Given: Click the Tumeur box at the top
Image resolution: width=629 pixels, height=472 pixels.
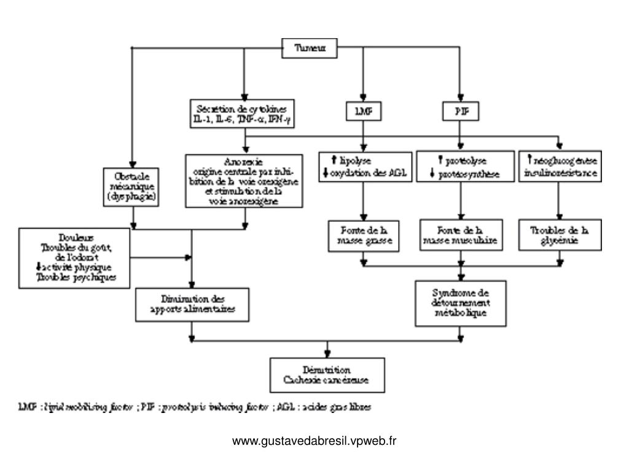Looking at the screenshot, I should coord(310,48).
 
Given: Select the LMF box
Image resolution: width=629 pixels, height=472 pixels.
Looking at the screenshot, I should coord(363,111).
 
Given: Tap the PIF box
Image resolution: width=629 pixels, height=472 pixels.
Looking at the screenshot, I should coord(460,111).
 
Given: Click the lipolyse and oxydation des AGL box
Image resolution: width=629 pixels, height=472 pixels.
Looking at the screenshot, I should coord(365,167).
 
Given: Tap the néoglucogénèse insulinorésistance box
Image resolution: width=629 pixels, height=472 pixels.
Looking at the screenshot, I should coord(560,167).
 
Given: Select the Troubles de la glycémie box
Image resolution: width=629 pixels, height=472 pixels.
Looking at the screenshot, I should coord(559,236).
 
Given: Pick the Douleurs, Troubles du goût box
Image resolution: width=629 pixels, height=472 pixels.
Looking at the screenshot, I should coord(75,258).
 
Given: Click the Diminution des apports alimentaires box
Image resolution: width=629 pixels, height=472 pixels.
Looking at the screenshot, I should coord(192,304).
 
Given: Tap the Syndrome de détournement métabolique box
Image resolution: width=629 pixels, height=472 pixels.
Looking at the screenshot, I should coord(460,303).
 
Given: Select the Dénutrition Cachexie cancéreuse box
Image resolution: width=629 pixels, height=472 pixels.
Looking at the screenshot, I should coord(327,375).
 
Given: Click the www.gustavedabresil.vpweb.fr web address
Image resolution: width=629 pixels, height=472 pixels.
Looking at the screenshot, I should coord(314,441).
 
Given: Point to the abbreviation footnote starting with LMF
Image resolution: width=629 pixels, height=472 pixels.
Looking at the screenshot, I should coord(194,407).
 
